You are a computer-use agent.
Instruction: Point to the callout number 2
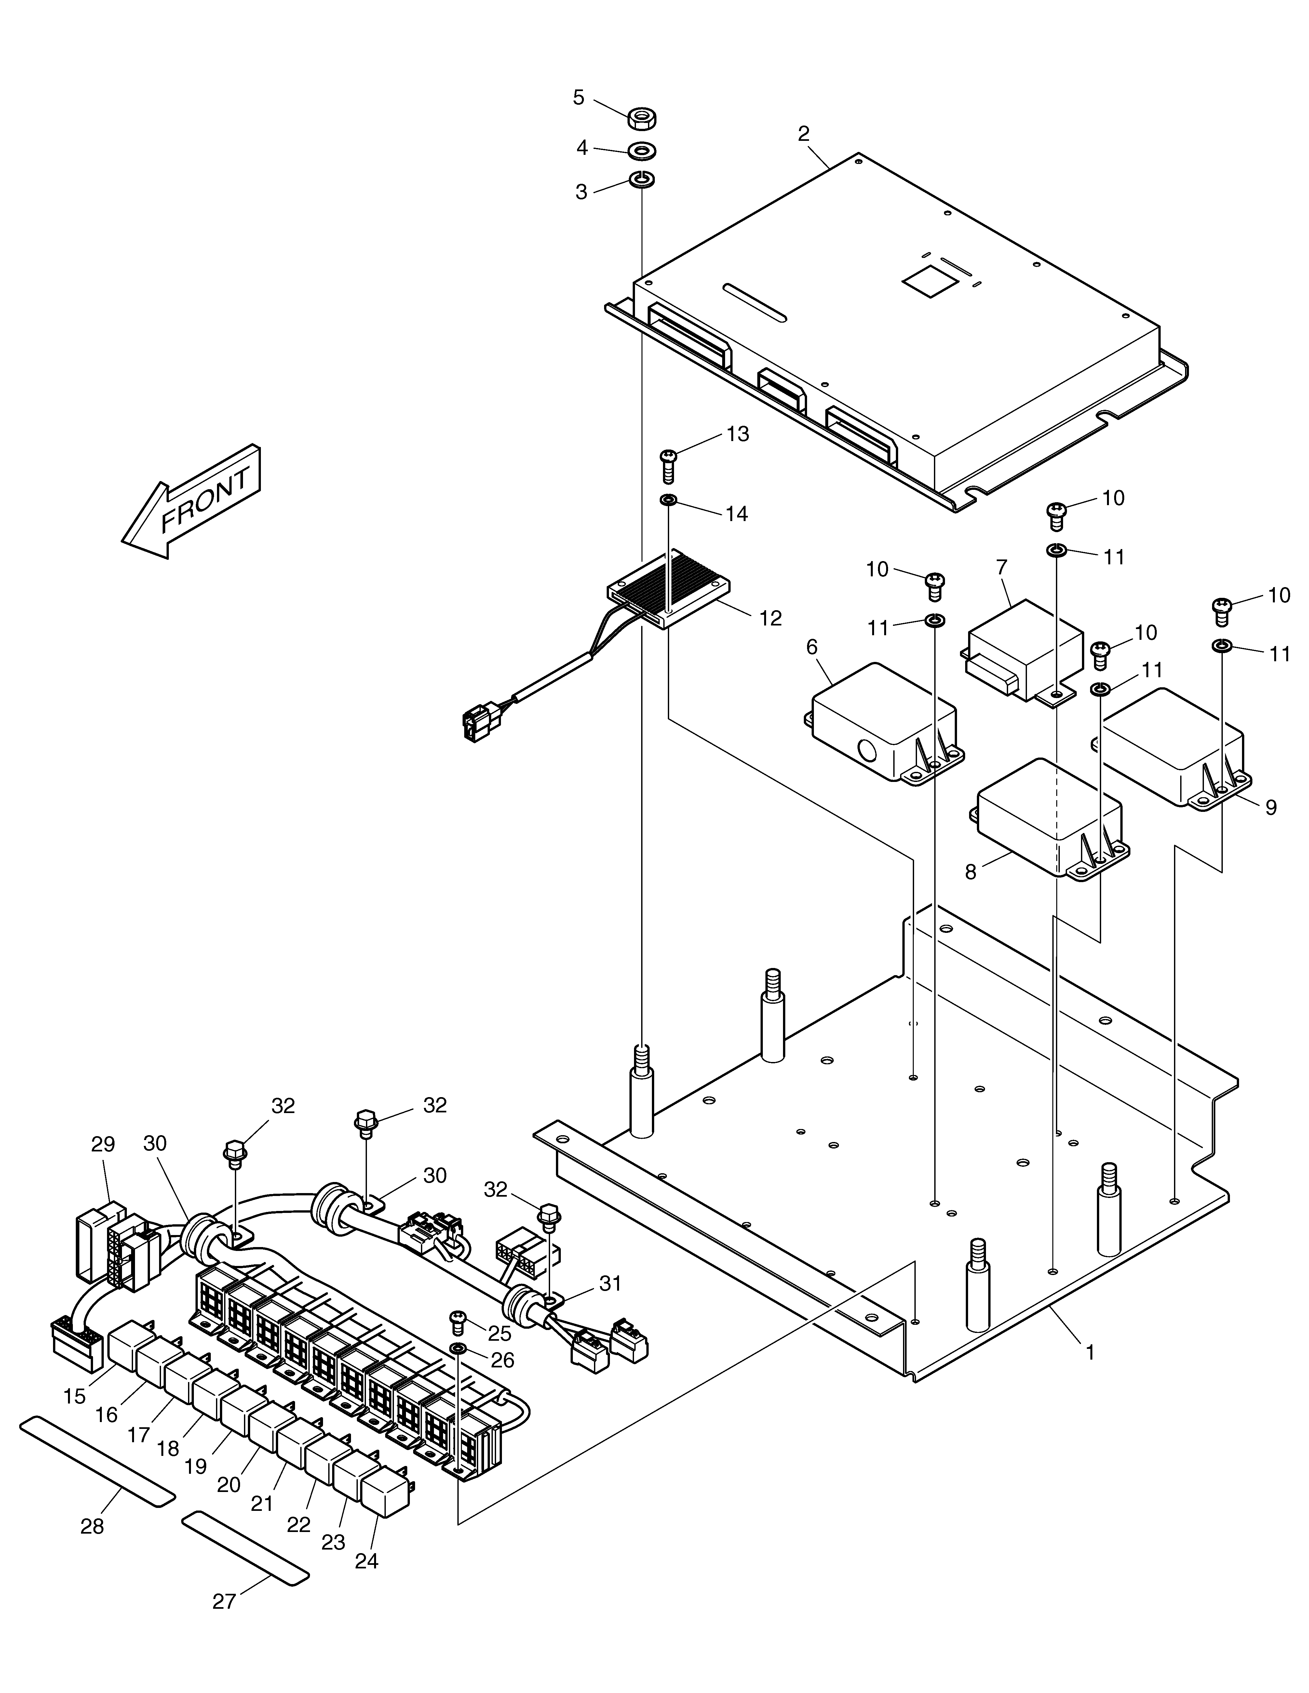803,133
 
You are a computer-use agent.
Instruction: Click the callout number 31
610,1284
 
